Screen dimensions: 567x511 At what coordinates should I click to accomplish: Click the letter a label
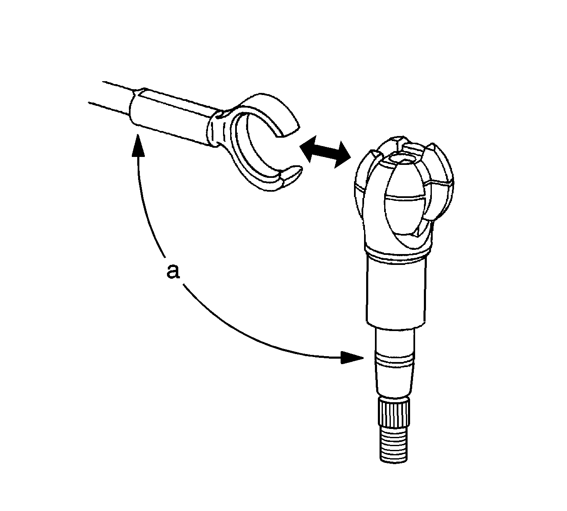click(173, 272)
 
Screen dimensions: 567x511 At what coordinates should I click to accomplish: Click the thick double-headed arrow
click(325, 152)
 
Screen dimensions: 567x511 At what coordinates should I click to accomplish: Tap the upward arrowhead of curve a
click(138, 145)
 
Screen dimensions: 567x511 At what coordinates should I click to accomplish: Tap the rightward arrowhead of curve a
click(352, 357)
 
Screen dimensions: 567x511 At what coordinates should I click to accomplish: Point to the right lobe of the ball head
click(441, 181)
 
